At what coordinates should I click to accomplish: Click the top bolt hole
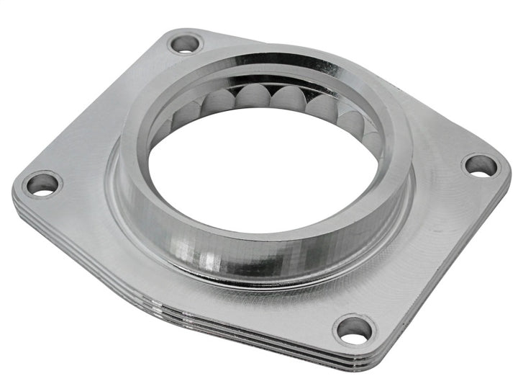tap(186, 43)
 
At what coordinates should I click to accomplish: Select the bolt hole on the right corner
tap(480, 166)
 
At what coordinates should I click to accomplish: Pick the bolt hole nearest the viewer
tap(355, 329)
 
